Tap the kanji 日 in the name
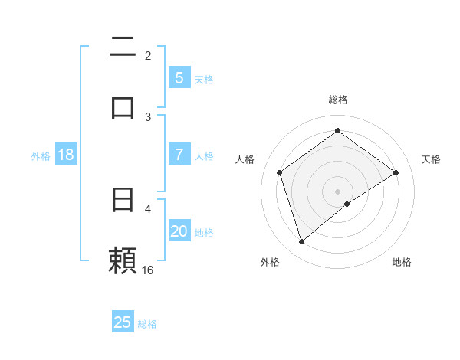(123, 200)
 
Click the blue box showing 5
(179, 77)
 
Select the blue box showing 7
(179, 154)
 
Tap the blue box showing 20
(179, 231)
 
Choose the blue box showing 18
(66, 154)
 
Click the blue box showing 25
(123, 322)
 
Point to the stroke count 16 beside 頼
(148, 270)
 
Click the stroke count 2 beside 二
(148, 56)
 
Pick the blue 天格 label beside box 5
(204, 79)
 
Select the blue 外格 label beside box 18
(41, 155)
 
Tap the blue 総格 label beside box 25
(147, 324)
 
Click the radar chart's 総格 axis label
(338, 100)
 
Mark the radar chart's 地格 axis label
(402, 262)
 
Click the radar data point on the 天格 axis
(396, 172)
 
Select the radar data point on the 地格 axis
(347, 204)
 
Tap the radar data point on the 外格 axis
(301, 242)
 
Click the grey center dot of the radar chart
(338, 191)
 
